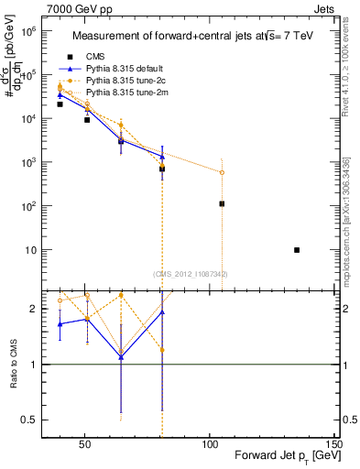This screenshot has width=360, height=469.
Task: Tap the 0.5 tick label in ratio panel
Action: coord(28,420)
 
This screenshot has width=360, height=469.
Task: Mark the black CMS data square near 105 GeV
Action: coord(222,203)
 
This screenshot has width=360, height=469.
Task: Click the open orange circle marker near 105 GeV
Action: coord(222,172)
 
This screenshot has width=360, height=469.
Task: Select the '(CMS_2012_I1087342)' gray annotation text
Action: coord(190,273)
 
